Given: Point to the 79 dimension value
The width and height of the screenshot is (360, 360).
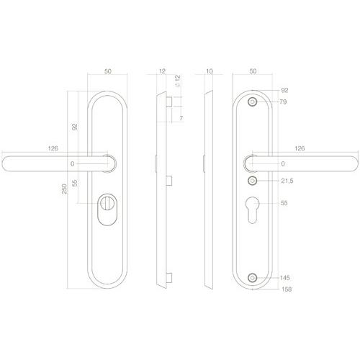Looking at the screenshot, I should click(x=283, y=102).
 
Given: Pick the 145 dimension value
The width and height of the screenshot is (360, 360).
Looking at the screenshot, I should click(x=284, y=278).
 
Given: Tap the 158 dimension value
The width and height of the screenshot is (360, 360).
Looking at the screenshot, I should click(x=284, y=290).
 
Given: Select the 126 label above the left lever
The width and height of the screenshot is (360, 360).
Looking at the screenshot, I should click(x=53, y=148).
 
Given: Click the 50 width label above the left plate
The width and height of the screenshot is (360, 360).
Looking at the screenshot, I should click(x=107, y=72).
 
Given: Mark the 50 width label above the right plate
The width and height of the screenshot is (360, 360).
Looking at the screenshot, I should click(x=252, y=72).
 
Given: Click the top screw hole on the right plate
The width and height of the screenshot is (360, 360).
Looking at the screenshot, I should click(x=252, y=102).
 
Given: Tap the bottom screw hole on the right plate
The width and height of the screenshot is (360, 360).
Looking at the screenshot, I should click(x=252, y=278).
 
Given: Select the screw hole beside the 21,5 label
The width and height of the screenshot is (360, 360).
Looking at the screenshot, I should click(x=252, y=181).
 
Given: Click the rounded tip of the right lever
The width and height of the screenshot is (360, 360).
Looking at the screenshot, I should click(x=353, y=164).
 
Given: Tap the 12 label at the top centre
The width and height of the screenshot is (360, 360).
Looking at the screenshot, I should click(x=163, y=72).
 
